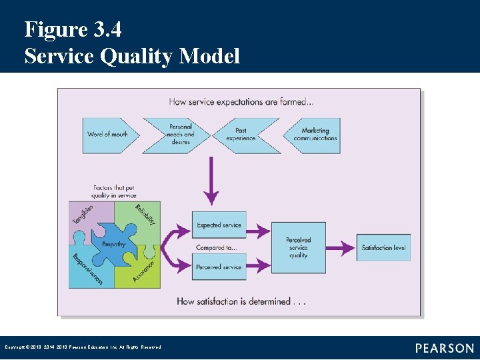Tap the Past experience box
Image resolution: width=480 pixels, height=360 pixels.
241,134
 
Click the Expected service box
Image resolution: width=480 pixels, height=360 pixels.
219,225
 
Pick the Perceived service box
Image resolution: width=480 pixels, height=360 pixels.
219,267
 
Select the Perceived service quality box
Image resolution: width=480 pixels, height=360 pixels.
298,247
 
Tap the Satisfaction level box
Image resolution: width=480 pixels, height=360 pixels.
383,248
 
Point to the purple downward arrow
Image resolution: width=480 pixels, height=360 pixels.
211,180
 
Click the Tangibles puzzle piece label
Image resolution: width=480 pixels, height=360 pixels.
83,213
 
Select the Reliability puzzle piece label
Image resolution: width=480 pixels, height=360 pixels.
145,215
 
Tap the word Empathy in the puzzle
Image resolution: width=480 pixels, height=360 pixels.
114,245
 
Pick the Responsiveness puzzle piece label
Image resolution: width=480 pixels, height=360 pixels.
87,269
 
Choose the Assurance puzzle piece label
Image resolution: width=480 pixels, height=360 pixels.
143,269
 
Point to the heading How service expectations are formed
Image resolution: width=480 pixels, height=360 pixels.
241,102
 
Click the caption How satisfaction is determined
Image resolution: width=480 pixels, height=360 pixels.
241,301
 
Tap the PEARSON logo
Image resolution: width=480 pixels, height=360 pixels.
445,348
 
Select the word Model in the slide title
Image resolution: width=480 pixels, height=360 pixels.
209,57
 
